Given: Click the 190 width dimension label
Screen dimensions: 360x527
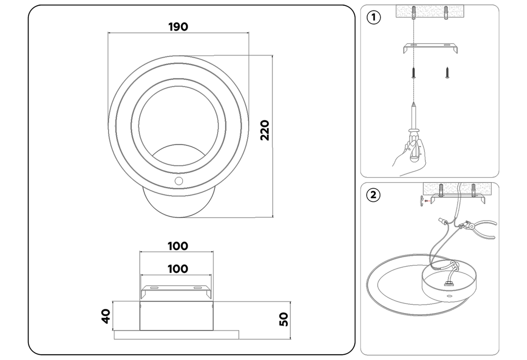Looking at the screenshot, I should (178, 27).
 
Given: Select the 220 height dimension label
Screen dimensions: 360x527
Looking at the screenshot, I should (265, 130).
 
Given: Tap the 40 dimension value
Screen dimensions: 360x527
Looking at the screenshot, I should (105, 316).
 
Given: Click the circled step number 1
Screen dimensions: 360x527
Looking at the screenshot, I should (373, 17).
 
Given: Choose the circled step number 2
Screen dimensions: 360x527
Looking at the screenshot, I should (373, 195).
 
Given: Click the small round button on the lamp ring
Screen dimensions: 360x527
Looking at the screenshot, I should (179, 181).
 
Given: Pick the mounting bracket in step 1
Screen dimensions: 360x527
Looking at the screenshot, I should (430, 48).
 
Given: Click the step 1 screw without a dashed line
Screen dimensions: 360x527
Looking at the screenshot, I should (447, 72).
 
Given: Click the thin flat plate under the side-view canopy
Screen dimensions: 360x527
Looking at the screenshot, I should (176, 334).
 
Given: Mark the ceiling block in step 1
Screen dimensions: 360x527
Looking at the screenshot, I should (430, 12).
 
